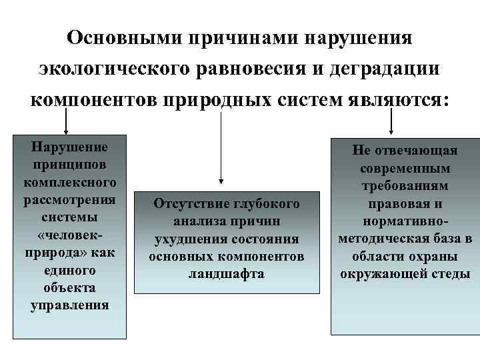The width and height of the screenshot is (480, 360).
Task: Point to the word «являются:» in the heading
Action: tap(399, 100)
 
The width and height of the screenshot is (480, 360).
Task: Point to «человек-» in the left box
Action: tap(69, 235)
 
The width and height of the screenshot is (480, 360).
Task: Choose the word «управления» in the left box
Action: tap(69, 305)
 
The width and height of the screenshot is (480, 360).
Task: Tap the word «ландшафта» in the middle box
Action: tap(227, 274)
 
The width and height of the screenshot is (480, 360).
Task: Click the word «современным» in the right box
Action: tap(405, 169)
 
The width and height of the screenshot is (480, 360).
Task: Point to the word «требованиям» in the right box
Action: tap(405, 186)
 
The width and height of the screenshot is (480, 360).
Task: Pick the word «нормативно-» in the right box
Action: tap(405, 221)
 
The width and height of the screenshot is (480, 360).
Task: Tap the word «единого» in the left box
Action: tap(69, 271)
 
